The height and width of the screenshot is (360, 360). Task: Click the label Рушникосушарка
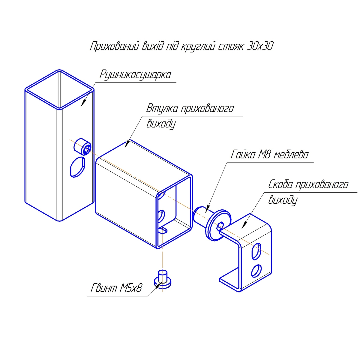[135, 75]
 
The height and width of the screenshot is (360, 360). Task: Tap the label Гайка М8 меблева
[269, 154]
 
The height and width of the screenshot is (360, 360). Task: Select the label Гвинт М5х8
[116, 288]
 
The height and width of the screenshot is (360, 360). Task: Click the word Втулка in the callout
[162, 108]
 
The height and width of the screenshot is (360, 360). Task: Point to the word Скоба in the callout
[280, 184]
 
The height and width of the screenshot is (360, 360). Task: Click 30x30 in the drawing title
[260, 46]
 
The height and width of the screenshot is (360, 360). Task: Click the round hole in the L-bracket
[256, 271]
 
